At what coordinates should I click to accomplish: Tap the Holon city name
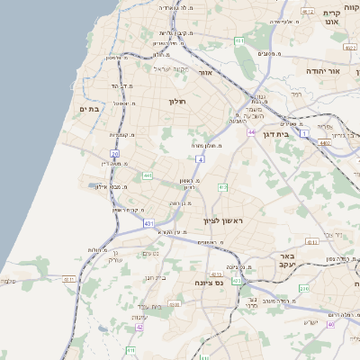point(175,101)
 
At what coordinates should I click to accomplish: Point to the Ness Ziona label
point(209,282)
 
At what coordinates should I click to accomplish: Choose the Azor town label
point(204,72)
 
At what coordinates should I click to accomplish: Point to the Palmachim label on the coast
point(8,282)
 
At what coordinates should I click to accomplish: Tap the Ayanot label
point(139,317)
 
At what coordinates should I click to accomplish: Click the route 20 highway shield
point(114,154)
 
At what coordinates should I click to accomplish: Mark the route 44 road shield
point(251,132)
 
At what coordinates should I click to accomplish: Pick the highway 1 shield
point(304,133)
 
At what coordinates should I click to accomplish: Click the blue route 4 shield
point(201,159)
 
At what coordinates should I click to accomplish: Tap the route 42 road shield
point(139,328)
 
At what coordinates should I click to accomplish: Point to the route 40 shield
point(331,324)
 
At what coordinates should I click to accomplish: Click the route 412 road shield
point(221,187)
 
